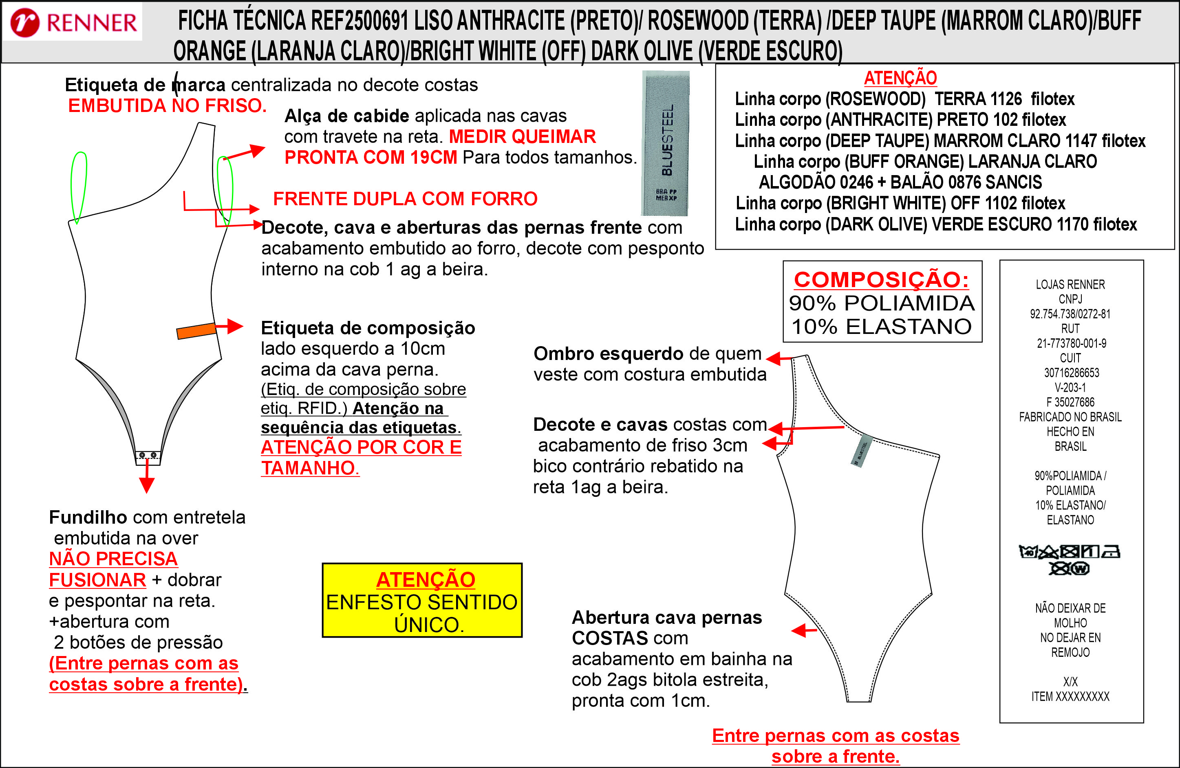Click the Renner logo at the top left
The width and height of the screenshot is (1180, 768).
pyautogui.click(x=73, y=22)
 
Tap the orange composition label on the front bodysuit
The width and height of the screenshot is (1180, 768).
pyautogui.click(x=196, y=331)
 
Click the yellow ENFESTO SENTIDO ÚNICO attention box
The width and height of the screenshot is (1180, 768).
pyautogui.click(x=422, y=600)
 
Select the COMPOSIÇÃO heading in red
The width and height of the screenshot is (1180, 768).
pyautogui.click(x=882, y=279)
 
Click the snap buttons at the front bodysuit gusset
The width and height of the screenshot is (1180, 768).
pyautogui.click(x=148, y=455)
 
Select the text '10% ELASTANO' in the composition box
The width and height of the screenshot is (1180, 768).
pyautogui.click(x=882, y=327)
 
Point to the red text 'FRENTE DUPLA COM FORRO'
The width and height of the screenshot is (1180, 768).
pyautogui.click(x=405, y=199)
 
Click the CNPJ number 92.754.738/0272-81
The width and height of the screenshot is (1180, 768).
pyautogui.click(x=1070, y=314)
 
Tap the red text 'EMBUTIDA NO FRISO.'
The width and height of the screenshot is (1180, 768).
pyautogui.click(x=167, y=105)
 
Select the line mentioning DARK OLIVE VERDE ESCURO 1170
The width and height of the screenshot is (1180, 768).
pyautogui.click(x=935, y=224)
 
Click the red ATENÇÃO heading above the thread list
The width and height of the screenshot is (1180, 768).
pyautogui.click(x=900, y=78)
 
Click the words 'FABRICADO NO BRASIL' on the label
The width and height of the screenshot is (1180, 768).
pyautogui.click(x=1070, y=417)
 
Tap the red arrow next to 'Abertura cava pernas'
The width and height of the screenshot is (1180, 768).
pyautogui.click(x=804, y=630)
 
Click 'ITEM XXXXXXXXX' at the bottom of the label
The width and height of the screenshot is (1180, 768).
pyautogui.click(x=1070, y=696)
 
